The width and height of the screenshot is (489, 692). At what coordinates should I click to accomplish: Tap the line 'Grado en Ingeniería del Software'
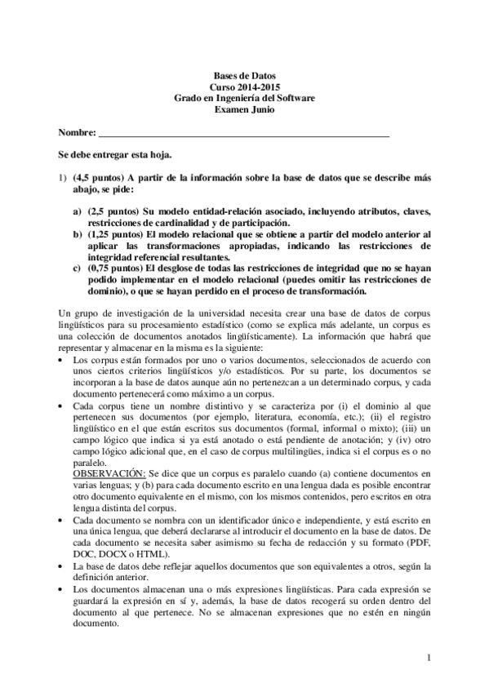pos(245,97)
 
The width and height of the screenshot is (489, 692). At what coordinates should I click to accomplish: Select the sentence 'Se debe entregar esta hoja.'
pos(114,153)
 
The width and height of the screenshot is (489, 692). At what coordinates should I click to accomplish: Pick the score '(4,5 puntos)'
pos(96,176)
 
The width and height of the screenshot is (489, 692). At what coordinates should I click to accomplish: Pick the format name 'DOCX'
pos(111,552)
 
